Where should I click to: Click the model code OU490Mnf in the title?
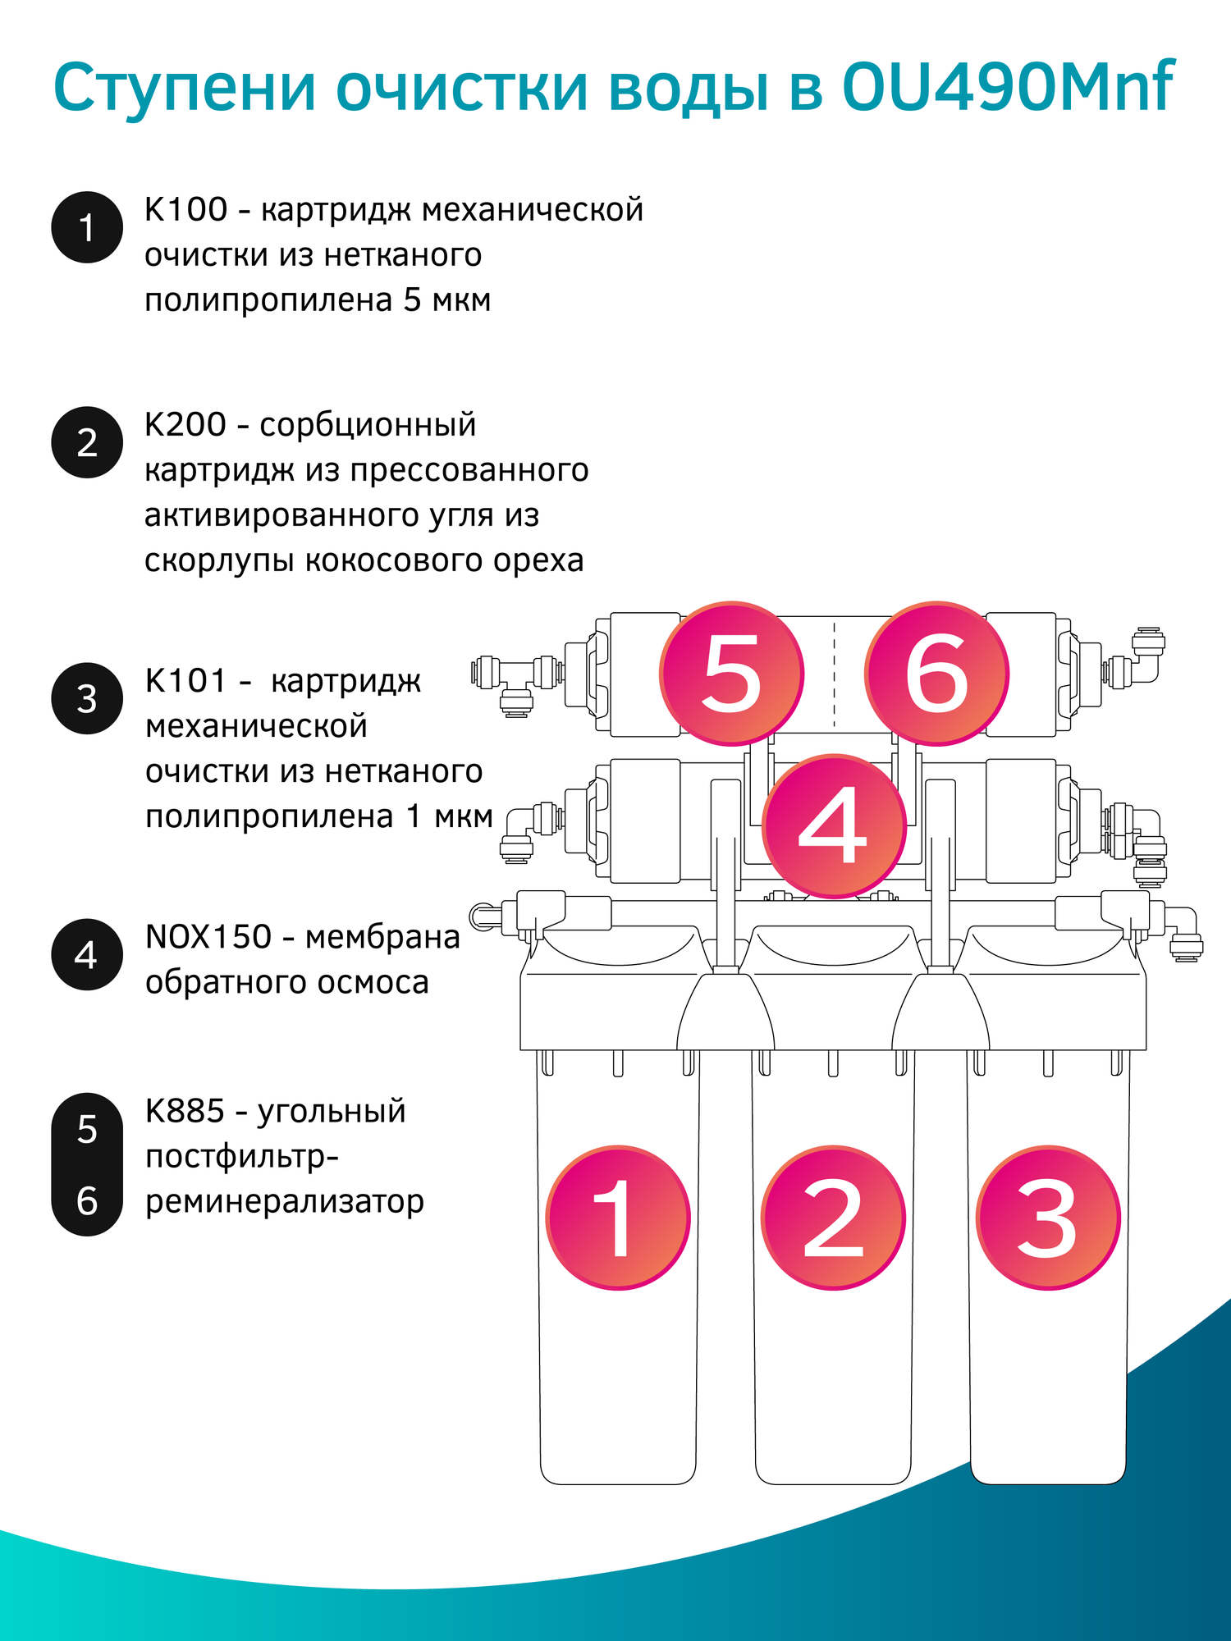tap(1008, 86)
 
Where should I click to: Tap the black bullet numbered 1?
tap(87, 227)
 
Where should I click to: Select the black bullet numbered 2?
tap(87, 442)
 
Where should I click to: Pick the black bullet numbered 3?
tap(87, 698)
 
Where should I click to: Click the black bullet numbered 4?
tap(87, 954)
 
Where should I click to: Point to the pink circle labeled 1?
tap(618, 1218)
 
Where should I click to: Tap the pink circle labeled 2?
tap(833, 1218)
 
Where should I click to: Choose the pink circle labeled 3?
tap(1048, 1218)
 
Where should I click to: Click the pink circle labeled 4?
tap(834, 825)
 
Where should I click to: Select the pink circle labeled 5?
tap(732, 674)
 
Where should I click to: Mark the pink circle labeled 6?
tap(936, 674)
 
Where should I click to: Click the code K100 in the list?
tap(185, 210)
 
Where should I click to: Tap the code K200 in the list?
tap(185, 425)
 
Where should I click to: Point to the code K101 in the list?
tap(185, 681)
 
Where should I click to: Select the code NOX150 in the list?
tap(208, 937)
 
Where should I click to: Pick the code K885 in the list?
tap(185, 1111)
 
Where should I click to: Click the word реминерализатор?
tap(285, 1202)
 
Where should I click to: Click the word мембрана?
tap(382, 937)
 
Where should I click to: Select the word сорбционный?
tap(368, 426)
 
